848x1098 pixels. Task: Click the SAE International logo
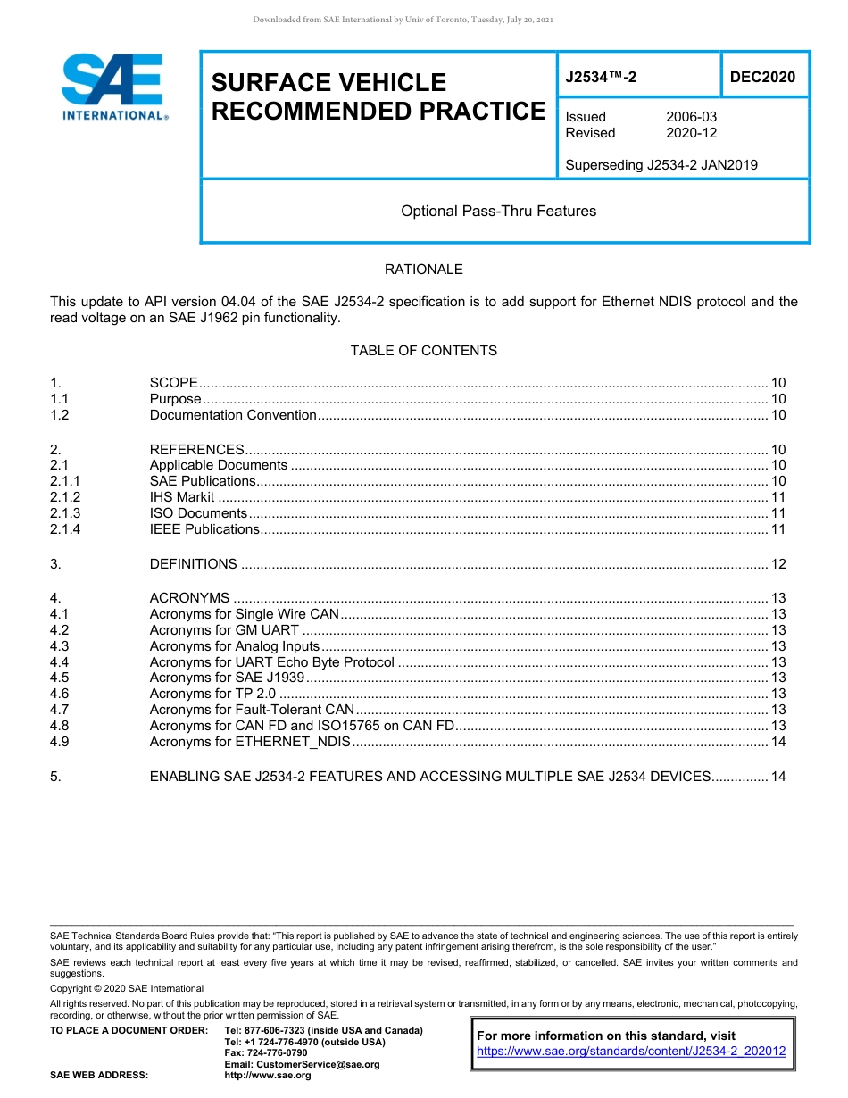112,87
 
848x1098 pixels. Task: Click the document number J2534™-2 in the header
601,78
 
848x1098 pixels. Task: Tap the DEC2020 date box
762,78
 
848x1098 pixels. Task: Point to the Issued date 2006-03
691,117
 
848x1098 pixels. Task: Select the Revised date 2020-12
691,133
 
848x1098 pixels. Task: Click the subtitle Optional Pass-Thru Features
498,212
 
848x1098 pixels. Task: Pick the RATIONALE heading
423,270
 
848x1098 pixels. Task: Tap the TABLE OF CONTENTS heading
423,351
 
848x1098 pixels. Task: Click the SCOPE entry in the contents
173,383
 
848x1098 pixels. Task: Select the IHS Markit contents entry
182,497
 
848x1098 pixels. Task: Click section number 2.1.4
65,529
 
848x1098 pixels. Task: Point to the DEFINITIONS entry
193,564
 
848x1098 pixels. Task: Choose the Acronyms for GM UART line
224,630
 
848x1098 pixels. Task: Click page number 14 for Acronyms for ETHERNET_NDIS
777,742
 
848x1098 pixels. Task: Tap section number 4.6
59,694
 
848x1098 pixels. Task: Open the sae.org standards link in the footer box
631,1052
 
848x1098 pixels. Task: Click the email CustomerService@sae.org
302,1065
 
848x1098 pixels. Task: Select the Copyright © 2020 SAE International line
127,988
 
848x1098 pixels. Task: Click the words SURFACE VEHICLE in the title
328,83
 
